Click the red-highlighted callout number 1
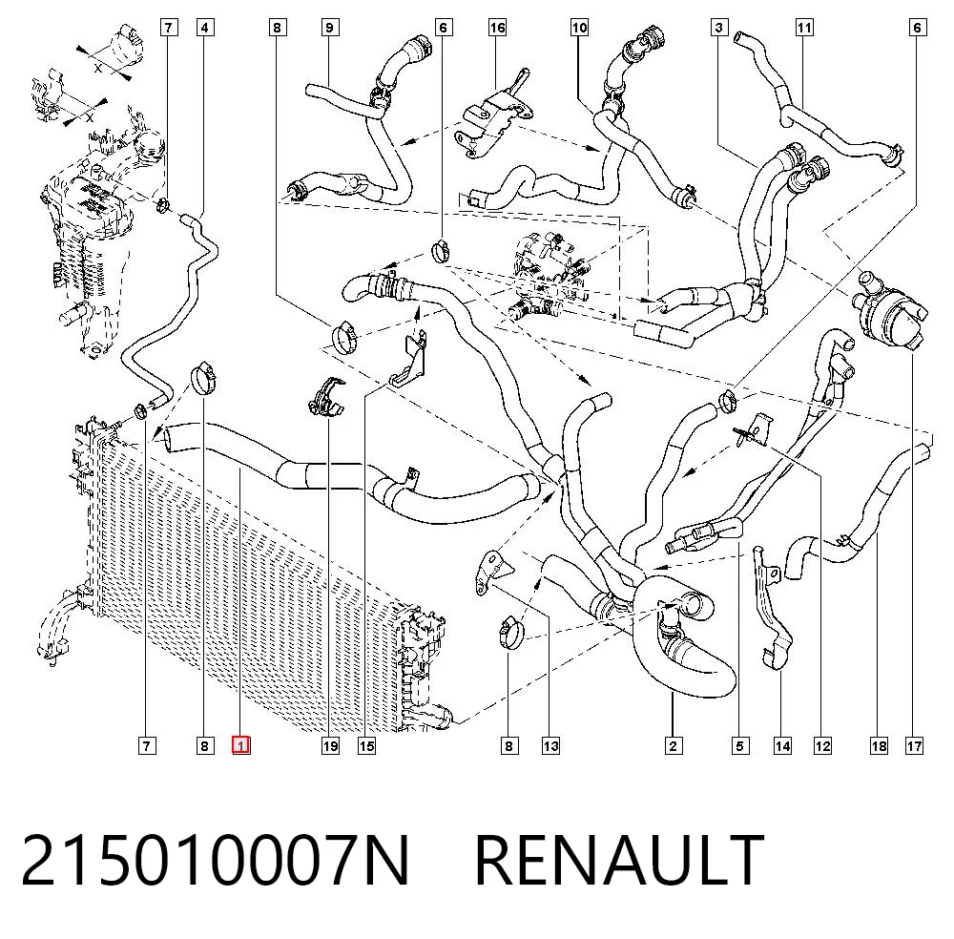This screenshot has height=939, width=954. (241, 745)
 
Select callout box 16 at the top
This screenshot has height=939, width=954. (498, 28)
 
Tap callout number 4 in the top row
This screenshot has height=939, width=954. (205, 28)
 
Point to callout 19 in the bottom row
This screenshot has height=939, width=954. (330, 745)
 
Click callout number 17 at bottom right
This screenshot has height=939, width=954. (915, 745)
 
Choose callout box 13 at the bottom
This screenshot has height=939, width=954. (550, 745)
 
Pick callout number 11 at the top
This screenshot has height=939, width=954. (804, 28)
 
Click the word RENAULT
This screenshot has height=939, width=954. (619, 861)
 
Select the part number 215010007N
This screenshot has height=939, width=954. (216, 861)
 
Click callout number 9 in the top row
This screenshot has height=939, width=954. (330, 28)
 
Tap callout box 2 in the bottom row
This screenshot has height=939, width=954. (673, 745)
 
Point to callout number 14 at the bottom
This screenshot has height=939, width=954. (782, 745)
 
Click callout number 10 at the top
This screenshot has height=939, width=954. (579, 28)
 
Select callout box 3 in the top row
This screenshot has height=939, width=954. (719, 28)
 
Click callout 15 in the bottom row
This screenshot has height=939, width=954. (366, 745)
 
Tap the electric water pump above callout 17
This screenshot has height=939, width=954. (889, 310)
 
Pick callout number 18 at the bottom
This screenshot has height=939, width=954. (879, 745)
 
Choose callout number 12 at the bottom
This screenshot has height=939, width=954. (822, 745)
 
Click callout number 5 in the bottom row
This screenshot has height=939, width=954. (740, 745)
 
